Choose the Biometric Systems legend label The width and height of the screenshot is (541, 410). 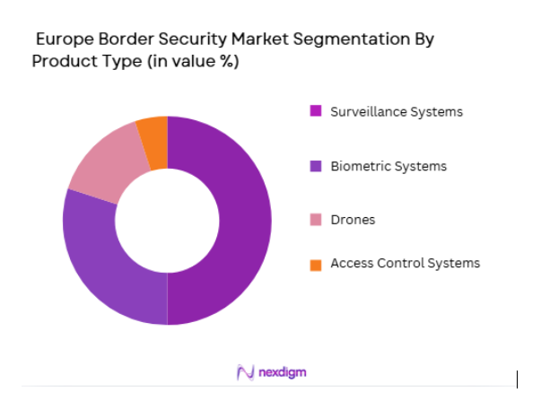point(388,166)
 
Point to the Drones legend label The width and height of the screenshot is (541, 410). point(353,220)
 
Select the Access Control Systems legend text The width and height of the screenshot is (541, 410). point(405,263)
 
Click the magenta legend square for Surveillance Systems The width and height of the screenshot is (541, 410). point(315,112)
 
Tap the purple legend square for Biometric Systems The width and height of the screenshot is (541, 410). point(315,166)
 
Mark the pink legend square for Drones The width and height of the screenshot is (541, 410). point(315,220)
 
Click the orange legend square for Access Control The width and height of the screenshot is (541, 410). point(315,264)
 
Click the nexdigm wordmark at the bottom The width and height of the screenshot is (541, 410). point(283,371)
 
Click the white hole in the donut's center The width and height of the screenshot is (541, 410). point(167,220)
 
